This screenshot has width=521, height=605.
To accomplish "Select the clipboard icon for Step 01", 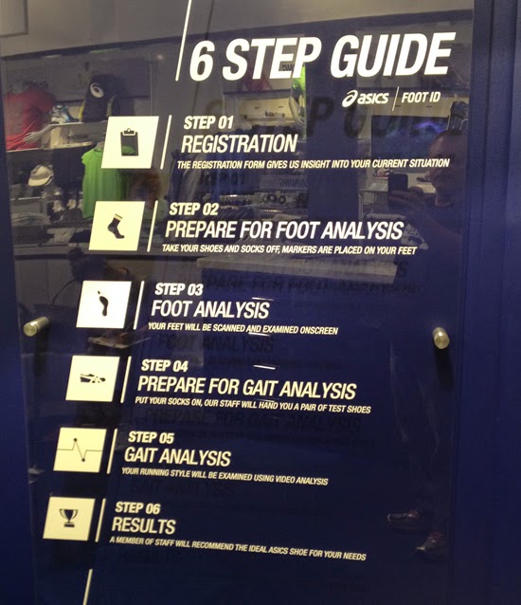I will click(x=130, y=142).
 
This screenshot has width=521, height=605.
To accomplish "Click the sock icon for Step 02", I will click(x=116, y=226).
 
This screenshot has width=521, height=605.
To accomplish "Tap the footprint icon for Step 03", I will click(x=102, y=303).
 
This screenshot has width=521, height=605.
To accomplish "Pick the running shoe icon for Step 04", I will click(x=93, y=378).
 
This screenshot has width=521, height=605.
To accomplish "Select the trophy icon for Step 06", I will click(x=68, y=518).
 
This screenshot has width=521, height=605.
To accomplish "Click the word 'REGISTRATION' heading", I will click(x=239, y=144).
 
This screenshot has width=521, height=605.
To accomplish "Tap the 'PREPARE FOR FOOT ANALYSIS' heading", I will click(x=284, y=229).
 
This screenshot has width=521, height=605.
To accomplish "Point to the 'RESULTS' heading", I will click(x=143, y=525).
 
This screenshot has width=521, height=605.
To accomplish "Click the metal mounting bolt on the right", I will click(x=440, y=337).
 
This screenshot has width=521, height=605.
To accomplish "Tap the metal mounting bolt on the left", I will click(x=35, y=326).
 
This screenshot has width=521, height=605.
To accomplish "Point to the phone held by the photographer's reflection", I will click(x=399, y=181).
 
